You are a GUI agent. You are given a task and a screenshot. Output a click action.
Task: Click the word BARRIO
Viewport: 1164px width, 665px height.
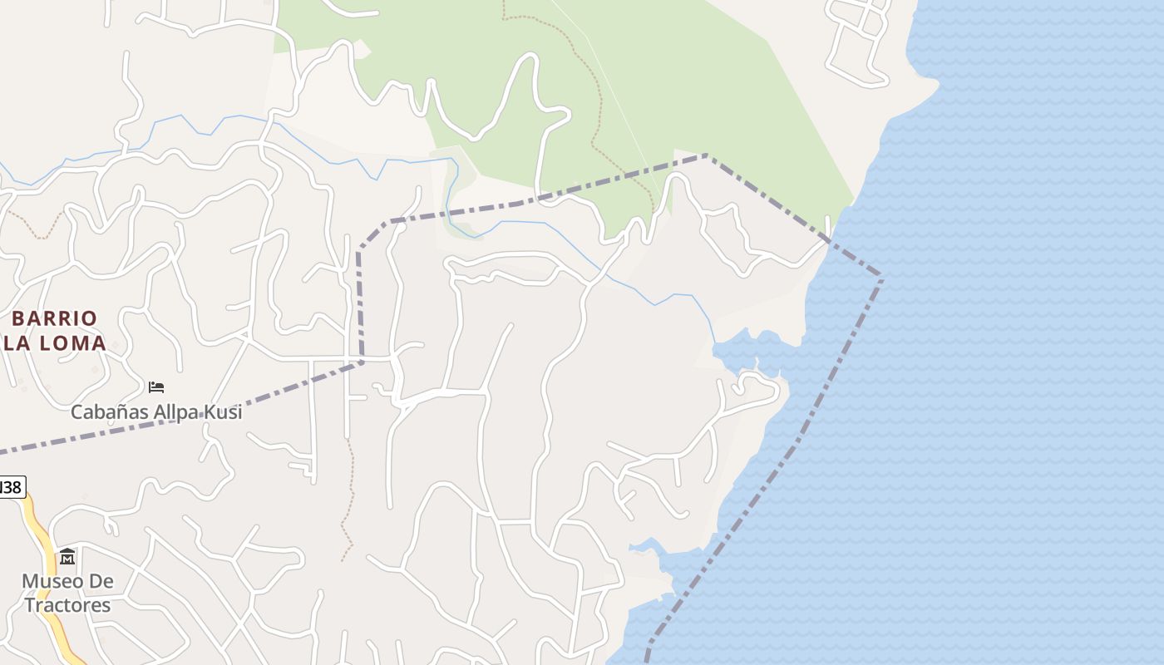55,318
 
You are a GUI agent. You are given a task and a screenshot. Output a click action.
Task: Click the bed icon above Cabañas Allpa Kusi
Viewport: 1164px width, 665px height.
156,387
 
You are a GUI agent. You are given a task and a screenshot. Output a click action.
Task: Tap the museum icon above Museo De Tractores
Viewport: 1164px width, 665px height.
67,556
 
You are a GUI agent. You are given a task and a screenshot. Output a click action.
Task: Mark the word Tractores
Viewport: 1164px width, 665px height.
67,605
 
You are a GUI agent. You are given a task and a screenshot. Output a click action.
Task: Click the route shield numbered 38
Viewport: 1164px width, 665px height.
12,487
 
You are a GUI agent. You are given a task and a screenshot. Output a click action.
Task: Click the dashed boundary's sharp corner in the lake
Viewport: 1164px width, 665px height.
881,278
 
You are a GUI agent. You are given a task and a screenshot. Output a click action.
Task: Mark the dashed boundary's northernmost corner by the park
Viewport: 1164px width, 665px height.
706,155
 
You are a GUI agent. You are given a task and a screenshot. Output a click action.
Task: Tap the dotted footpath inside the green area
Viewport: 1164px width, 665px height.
595,125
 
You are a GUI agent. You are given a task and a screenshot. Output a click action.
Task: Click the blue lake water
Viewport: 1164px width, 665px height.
998,374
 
